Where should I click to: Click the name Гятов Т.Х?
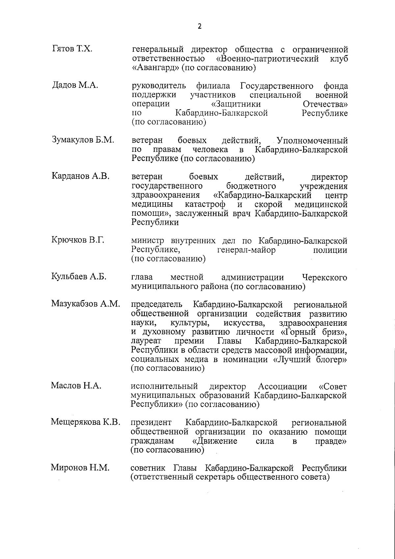(72, 49)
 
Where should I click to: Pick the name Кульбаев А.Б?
(79, 276)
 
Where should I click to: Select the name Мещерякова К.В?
(86, 421)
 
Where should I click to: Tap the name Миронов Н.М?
(80, 467)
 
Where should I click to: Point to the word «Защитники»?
(236, 104)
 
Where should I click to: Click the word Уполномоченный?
(312, 141)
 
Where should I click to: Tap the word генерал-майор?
(247, 250)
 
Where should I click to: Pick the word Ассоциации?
(282, 386)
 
